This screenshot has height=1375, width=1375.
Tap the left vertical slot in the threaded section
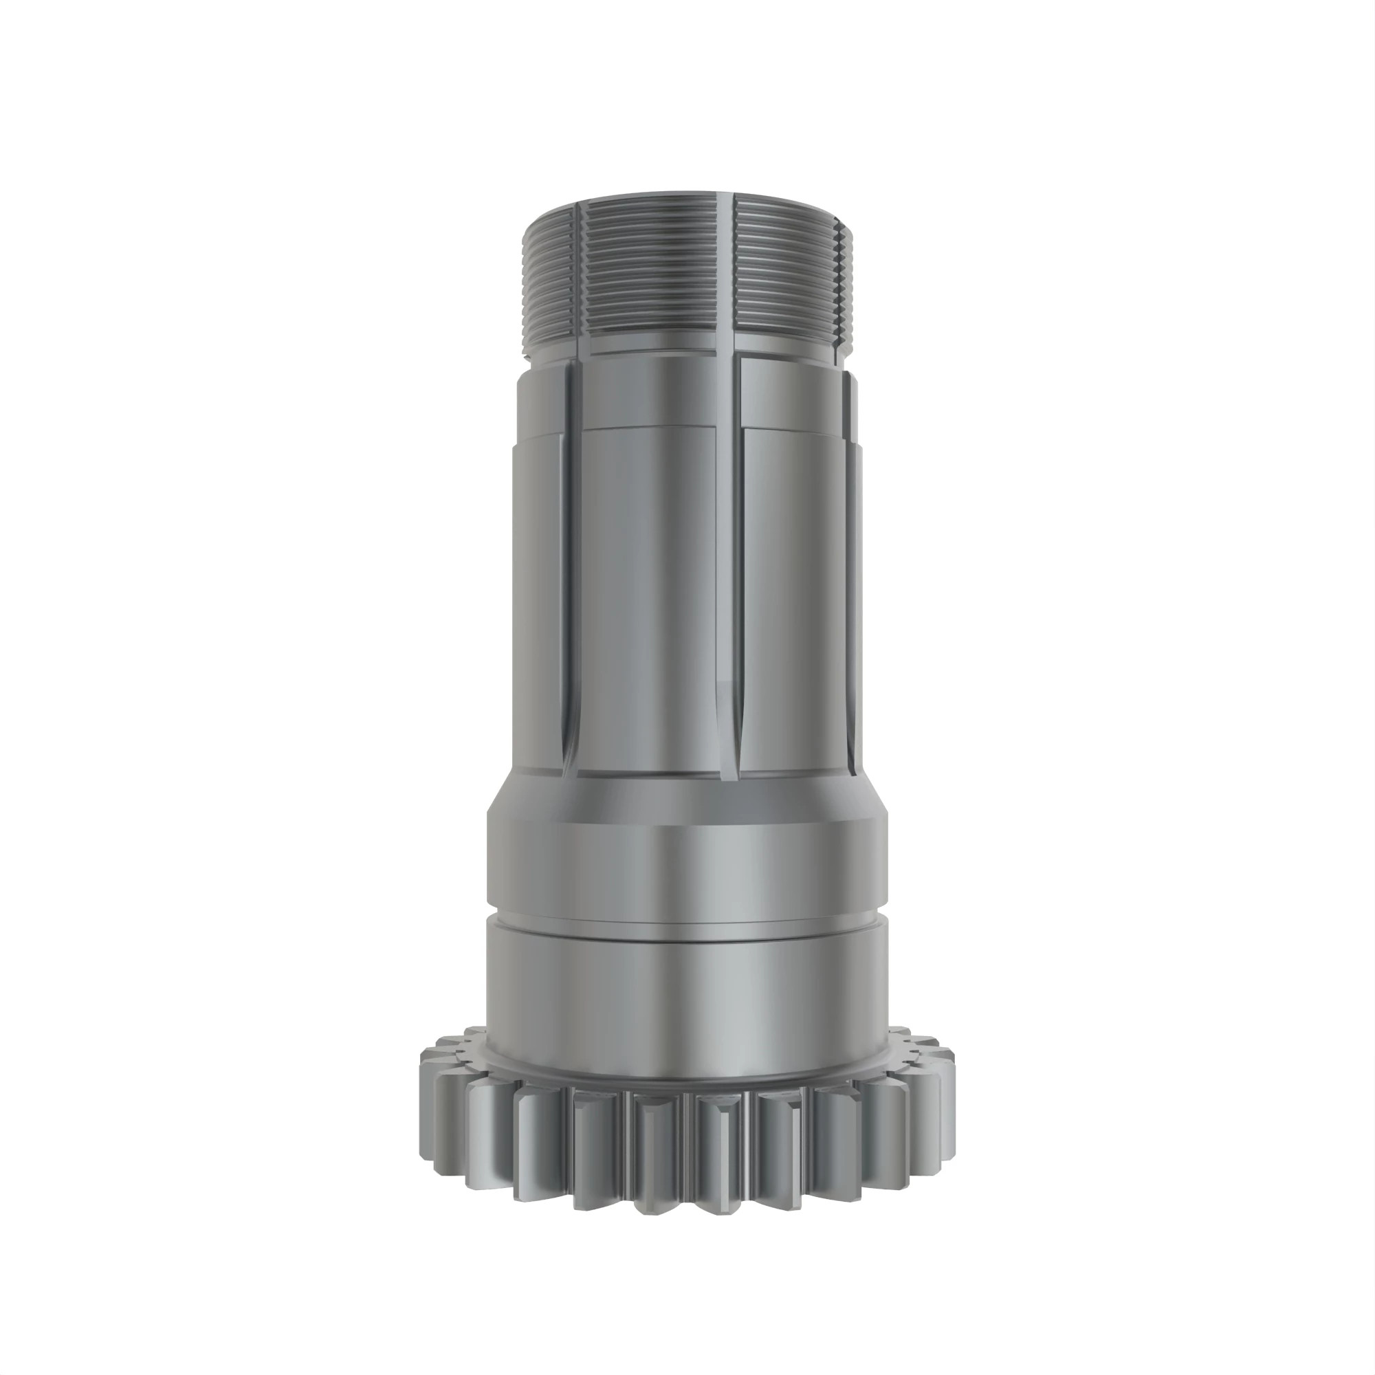tap(578, 278)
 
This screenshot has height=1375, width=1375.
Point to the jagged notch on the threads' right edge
tap(845, 285)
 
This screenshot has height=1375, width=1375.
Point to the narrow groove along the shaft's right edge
tap(852, 569)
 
